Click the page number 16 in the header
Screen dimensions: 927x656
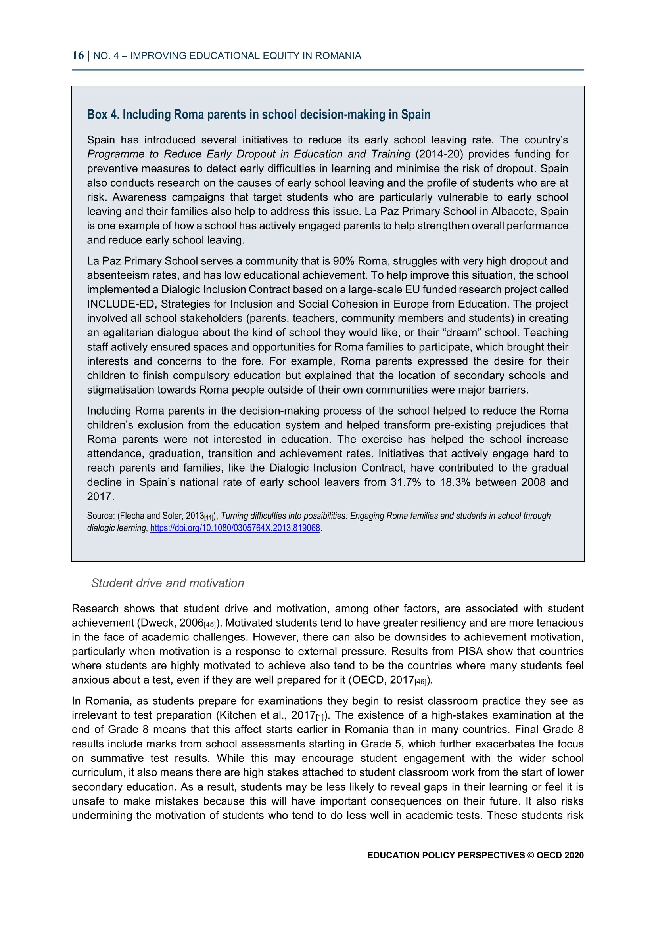pos(78,55)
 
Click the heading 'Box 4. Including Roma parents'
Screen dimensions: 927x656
pos(259,115)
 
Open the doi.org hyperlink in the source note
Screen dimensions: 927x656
pos(235,528)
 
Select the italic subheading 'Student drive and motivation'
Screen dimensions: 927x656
pos(167,583)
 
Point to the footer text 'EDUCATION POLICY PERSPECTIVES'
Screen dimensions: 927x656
pos(446,855)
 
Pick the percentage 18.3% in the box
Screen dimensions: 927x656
pos(455,482)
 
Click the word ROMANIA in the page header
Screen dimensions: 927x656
pos(338,56)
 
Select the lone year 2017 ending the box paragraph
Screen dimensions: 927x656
pos(100,497)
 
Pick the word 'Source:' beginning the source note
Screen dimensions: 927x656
pos(101,516)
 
